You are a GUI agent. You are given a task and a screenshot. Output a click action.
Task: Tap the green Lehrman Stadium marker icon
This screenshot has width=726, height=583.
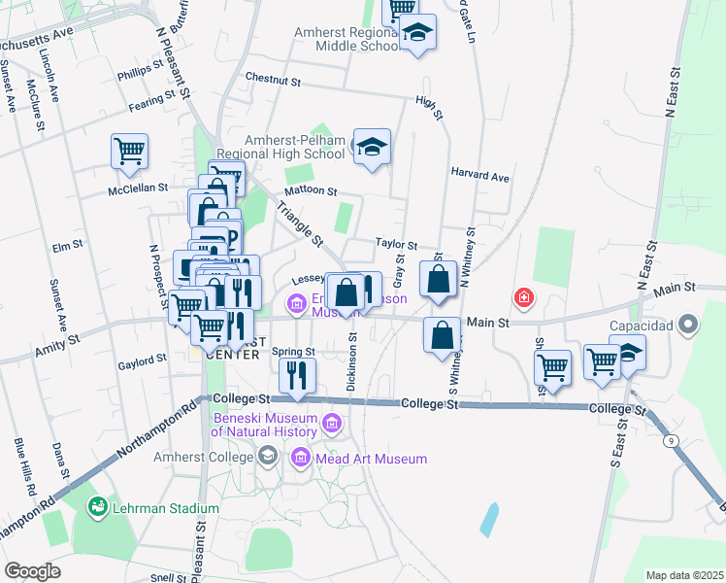[98, 507]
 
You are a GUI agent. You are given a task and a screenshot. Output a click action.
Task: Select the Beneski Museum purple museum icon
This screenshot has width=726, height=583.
[333, 423]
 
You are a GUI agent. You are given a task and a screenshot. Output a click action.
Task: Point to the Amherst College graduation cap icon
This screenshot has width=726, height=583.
[266, 456]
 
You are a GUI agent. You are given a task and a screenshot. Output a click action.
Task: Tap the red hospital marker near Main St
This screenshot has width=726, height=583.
[524, 297]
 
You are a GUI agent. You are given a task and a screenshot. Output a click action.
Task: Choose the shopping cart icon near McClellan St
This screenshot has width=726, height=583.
[129, 152]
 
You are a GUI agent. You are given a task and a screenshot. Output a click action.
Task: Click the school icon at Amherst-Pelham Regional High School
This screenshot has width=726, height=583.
[371, 147]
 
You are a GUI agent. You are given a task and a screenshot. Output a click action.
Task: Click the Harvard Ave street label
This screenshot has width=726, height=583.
[479, 178]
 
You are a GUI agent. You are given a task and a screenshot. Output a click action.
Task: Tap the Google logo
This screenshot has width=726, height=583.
[32, 571]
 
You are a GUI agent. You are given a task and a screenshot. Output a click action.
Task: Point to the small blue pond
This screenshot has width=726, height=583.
[490, 520]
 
